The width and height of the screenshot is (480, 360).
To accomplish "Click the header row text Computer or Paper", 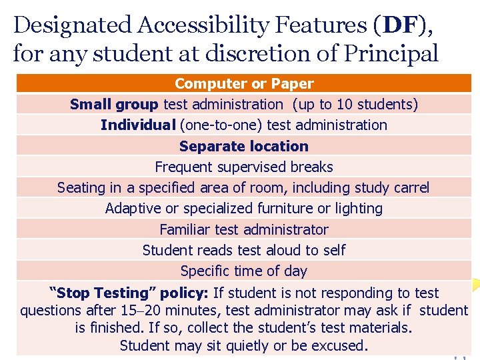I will click(244, 84).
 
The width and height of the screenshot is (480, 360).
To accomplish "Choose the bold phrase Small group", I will click(114, 105).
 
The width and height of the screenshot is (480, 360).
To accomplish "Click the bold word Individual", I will click(138, 125).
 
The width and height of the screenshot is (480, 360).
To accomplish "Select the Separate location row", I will click(244, 146).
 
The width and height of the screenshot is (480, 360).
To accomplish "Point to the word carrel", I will click(409, 188).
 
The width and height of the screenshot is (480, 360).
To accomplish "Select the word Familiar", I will click(185, 230).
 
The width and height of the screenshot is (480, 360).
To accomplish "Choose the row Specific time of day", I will click(244, 271).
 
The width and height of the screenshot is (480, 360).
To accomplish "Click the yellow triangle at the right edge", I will click(474, 285).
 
